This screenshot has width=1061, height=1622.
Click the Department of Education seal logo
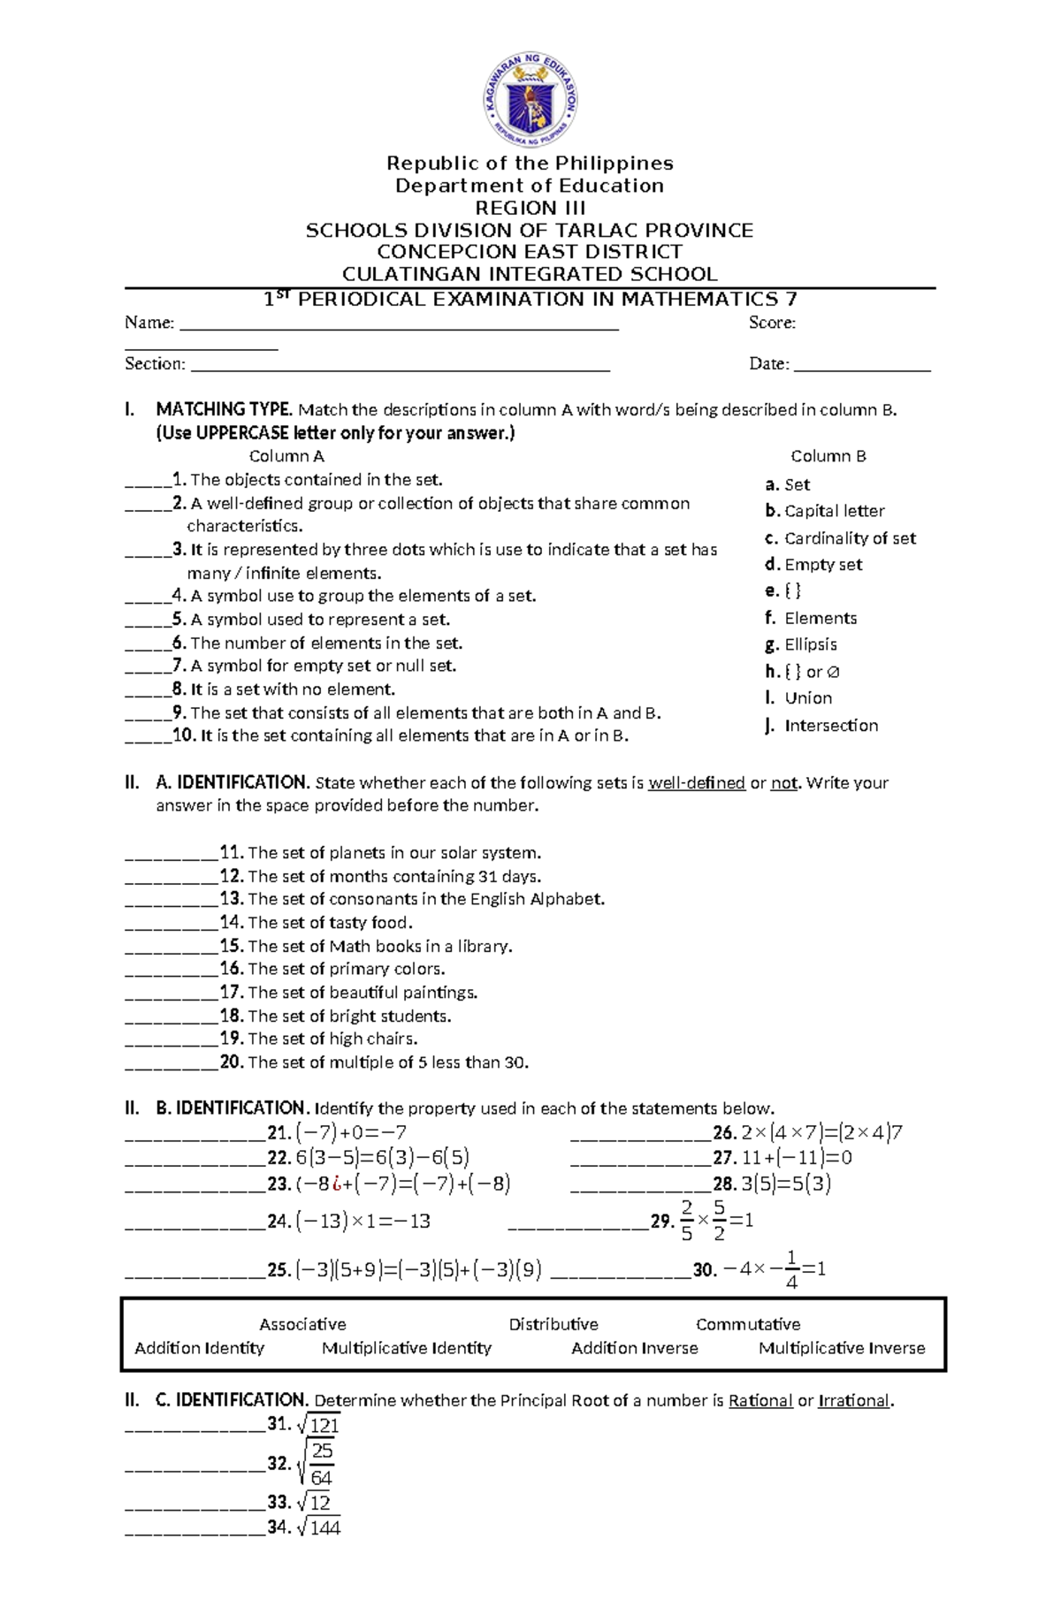click(x=530, y=99)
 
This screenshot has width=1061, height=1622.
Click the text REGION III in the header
click(x=530, y=209)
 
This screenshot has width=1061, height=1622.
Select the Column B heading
click(x=828, y=456)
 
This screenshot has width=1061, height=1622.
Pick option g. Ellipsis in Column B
click(x=801, y=644)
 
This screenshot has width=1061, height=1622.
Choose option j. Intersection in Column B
click(x=821, y=726)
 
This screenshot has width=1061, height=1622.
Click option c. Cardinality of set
click(x=840, y=538)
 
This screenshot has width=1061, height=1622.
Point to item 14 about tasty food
click(x=329, y=923)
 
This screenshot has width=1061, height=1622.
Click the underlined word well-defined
click(x=697, y=783)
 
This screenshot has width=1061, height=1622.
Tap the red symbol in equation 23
click(x=337, y=1184)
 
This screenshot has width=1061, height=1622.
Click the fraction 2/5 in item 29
click(x=687, y=1221)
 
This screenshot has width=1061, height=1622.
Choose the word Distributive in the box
click(x=553, y=1324)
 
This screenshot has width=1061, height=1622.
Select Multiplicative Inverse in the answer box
click(x=842, y=1348)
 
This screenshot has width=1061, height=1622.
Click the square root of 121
click(x=319, y=1424)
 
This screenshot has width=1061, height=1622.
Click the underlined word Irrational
click(x=854, y=1400)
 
